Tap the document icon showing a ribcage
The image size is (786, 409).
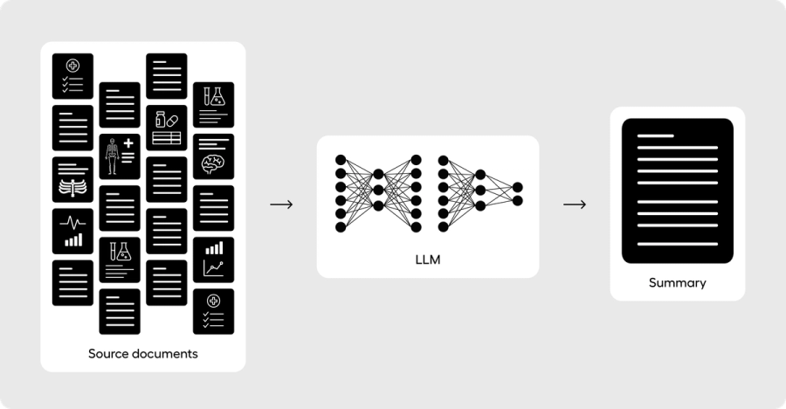[72, 180]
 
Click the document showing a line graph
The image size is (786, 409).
[213, 260]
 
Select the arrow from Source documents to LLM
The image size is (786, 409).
[281, 204]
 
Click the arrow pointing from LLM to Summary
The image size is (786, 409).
[574, 204]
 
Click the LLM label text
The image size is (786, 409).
[428, 260]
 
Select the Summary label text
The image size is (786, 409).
[677, 283]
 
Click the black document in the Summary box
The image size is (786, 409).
[677, 191]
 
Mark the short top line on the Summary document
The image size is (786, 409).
[656, 137]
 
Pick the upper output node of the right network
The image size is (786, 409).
[518, 187]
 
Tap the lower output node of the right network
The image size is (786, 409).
[518, 201]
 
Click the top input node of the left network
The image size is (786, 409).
[341, 160]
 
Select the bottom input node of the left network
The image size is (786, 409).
[341, 227]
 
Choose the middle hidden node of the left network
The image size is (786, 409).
[378, 190]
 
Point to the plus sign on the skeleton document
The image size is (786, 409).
[128, 143]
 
